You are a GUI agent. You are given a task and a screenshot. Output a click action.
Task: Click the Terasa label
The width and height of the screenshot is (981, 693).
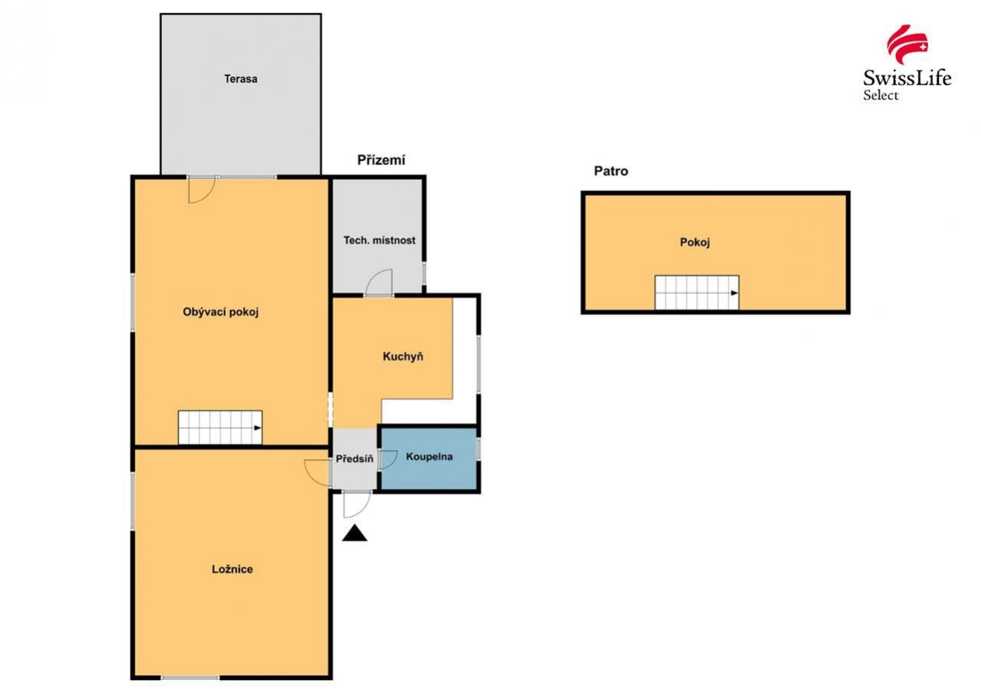pyautogui.click(x=240, y=79)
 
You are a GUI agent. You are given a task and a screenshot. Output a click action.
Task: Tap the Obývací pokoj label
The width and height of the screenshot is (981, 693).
pyautogui.click(x=221, y=312)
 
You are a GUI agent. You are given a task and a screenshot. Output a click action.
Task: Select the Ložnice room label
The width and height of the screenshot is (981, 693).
pyautogui.click(x=232, y=570)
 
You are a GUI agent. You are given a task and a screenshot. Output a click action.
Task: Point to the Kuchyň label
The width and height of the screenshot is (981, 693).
pyautogui.click(x=403, y=356)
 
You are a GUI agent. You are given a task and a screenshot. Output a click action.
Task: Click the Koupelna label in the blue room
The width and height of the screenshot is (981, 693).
pyautogui.click(x=430, y=457)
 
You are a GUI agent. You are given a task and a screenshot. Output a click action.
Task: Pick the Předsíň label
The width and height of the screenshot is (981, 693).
pyautogui.click(x=354, y=458)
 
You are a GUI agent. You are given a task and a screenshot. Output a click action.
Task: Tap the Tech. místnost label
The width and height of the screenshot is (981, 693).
pyautogui.click(x=379, y=241)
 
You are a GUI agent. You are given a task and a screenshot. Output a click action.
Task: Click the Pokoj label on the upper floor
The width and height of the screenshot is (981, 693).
pyautogui.click(x=695, y=242)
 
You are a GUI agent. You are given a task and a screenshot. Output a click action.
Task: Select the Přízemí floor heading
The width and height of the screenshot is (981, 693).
pyautogui.click(x=381, y=160)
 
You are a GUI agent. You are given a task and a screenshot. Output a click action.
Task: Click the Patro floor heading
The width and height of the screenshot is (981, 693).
pyautogui.click(x=611, y=171)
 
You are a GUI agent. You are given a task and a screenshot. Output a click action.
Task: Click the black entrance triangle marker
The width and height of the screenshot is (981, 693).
pyautogui.click(x=354, y=534)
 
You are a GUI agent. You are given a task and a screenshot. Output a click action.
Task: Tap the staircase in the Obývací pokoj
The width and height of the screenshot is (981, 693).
pyautogui.click(x=220, y=427)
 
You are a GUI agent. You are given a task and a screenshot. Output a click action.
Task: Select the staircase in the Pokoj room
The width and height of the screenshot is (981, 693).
pyautogui.click(x=696, y=292)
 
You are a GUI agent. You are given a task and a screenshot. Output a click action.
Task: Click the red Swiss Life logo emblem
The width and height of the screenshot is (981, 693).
pyautogui.click(x=907, y=44)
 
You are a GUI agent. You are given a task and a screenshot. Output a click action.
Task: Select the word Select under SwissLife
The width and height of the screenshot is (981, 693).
pyautogui.click(x=881, y=95)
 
